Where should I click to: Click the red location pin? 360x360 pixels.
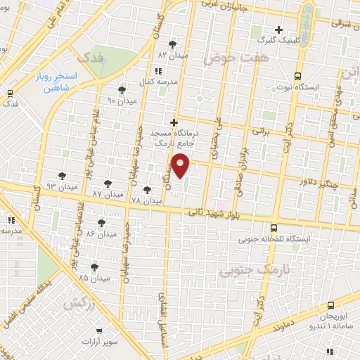click(x=181, y=165)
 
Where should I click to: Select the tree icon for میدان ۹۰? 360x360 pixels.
click(x=122, y=90)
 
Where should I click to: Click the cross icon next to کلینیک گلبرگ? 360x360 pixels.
click(x=279, y=30)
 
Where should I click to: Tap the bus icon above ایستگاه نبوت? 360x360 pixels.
click(x=297, y=75)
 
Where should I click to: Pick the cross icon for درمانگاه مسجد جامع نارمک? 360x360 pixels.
click(x=174, y=122)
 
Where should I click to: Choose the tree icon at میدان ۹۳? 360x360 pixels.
click(x=63, y=175)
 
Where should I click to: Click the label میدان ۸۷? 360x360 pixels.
click(x=107, y=193)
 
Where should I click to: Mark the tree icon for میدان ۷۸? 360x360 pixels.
click(x=146, y=189)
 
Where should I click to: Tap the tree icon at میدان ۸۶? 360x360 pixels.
click(x=102, y=222)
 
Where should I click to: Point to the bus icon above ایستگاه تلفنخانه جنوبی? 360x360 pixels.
click(x=274, y=228)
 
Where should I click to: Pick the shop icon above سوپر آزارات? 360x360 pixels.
click(x=101, y=328)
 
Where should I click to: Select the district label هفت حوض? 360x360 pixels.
click(x=236, y=60)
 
